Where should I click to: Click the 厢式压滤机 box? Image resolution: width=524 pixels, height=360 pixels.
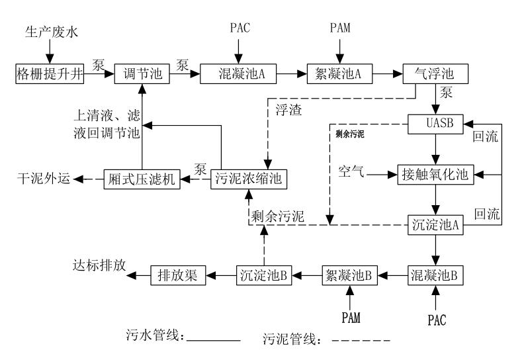point(142,179)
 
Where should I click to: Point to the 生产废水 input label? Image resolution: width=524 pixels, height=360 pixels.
point(51,31)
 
